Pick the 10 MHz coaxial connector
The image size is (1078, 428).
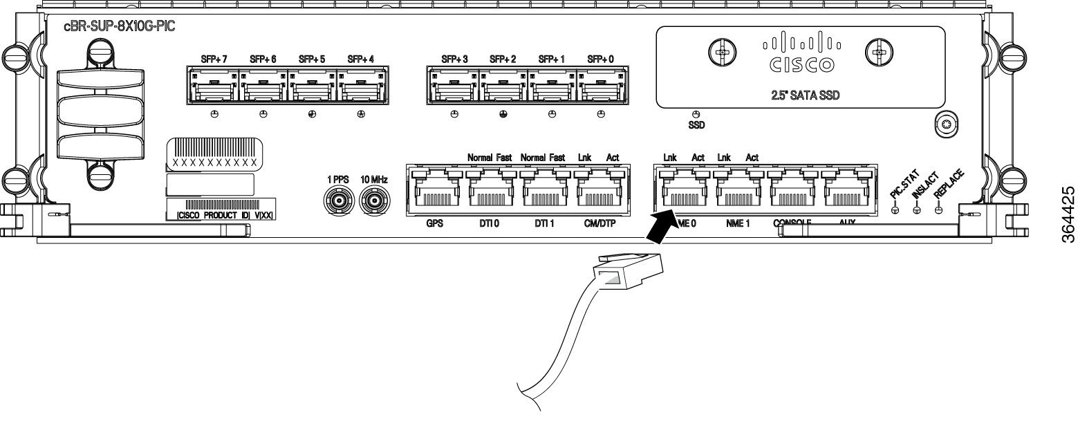(x=373, y=203)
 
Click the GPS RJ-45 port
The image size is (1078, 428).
(x=435, y=193)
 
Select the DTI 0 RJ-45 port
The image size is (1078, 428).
(x=490, y=193)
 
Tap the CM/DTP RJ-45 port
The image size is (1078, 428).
(x=598, y=193)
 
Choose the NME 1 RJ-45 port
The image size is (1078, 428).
(x=738, y=193)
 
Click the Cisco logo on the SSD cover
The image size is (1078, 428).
(x=801, y=56)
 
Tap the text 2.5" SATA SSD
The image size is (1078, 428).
(x=801, y=95)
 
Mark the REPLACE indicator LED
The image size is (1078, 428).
(x=938, y=211)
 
